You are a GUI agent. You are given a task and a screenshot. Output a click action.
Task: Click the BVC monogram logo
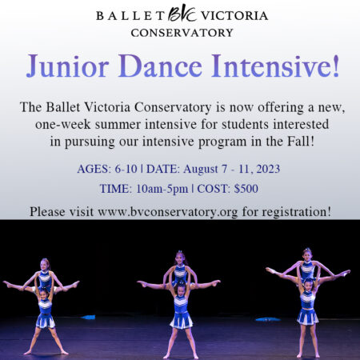coord(182,14)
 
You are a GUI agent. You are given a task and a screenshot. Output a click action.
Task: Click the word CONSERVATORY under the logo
coord(182,33)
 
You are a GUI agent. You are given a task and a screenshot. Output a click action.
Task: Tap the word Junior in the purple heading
coord(68,66)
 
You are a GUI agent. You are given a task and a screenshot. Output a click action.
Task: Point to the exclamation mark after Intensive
coord(336,66)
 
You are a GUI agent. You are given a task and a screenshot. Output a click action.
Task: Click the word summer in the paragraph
coord(118,124)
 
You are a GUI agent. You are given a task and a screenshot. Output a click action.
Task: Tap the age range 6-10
coord(126,169)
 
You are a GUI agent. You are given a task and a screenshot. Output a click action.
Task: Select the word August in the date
coord(201,169)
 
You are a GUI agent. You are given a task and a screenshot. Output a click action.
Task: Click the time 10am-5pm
coord(162,189)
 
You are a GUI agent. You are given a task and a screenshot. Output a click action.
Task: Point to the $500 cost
coord(246,189)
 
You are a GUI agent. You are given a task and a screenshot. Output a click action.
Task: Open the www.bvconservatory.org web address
coord(168,212)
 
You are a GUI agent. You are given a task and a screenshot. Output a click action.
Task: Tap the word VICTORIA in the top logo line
coord(234,15)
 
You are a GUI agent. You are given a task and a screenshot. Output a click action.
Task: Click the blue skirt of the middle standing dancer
coord(182,320)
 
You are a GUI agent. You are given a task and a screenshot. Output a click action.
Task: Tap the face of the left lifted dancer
coord(44,265)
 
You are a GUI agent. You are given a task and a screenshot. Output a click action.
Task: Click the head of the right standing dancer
coord(309,285)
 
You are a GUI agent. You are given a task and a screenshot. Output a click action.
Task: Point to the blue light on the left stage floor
coord(88,317)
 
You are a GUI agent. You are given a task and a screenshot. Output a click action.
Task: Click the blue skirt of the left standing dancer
coord(46,320)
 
